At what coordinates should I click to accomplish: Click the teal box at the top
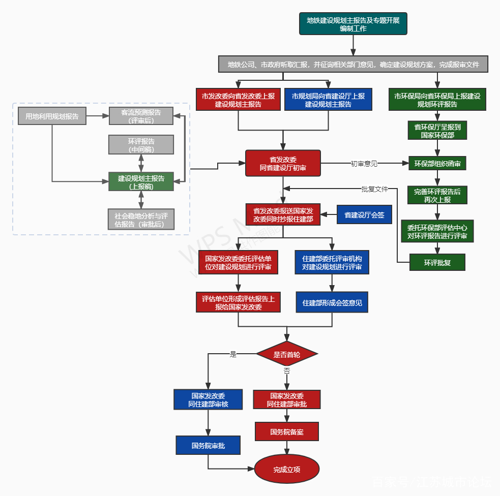(353, 24)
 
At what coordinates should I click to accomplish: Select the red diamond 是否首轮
(287, 354)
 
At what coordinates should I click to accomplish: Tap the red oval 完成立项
(287, 469)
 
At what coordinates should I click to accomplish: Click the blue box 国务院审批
(208, 445)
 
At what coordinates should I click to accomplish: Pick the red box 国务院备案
(287, 431)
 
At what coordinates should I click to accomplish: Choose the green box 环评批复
(437, 263)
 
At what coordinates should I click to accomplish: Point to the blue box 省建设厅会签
(364, 215)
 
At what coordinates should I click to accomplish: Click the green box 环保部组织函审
(437, 164)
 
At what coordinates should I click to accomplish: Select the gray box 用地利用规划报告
(52, 116)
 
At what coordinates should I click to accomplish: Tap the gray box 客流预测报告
(141, 116)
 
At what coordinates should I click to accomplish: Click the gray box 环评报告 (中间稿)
(141, 145)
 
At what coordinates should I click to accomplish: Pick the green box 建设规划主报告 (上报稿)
(141, 182)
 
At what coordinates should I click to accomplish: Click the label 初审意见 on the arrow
(364, 164)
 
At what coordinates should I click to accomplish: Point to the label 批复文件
(374, 189)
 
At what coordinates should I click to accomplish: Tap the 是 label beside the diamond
(233, 355)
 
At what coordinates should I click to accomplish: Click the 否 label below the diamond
(287, 371)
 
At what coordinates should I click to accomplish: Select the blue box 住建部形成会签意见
(332, 302)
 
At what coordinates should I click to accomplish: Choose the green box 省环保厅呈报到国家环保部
(437, 130)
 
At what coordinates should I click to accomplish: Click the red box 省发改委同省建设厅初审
(283, 163)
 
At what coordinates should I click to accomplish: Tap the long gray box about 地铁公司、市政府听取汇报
(353, 65)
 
